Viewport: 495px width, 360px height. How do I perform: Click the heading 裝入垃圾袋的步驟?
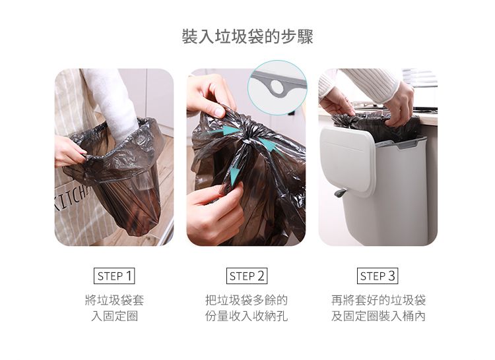[x=247, y=37]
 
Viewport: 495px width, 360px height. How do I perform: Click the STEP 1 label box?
[x=114, y=276]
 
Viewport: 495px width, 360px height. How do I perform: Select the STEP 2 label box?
[x=247, y=276]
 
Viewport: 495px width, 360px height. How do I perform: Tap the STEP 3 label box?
[x=378, y=276]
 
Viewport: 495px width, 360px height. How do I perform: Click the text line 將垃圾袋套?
[x=114, y=300]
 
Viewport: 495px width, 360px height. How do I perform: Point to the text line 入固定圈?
[x=114, y=316]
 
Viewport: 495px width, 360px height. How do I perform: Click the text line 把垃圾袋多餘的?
[x=247, y=300]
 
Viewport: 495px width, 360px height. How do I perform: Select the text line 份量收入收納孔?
[x=247, y=316]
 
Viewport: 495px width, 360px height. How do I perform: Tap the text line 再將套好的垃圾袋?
[x=378, y=300]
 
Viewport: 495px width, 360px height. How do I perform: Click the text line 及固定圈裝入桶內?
[x=378, y=316]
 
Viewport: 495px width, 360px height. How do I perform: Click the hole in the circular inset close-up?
[x=277, y=86]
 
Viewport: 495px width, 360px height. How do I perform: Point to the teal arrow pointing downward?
[x=234, y=175]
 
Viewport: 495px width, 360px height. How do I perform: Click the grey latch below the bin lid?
[x=341, y=193]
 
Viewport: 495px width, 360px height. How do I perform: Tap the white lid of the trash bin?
[x=347, y=161]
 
